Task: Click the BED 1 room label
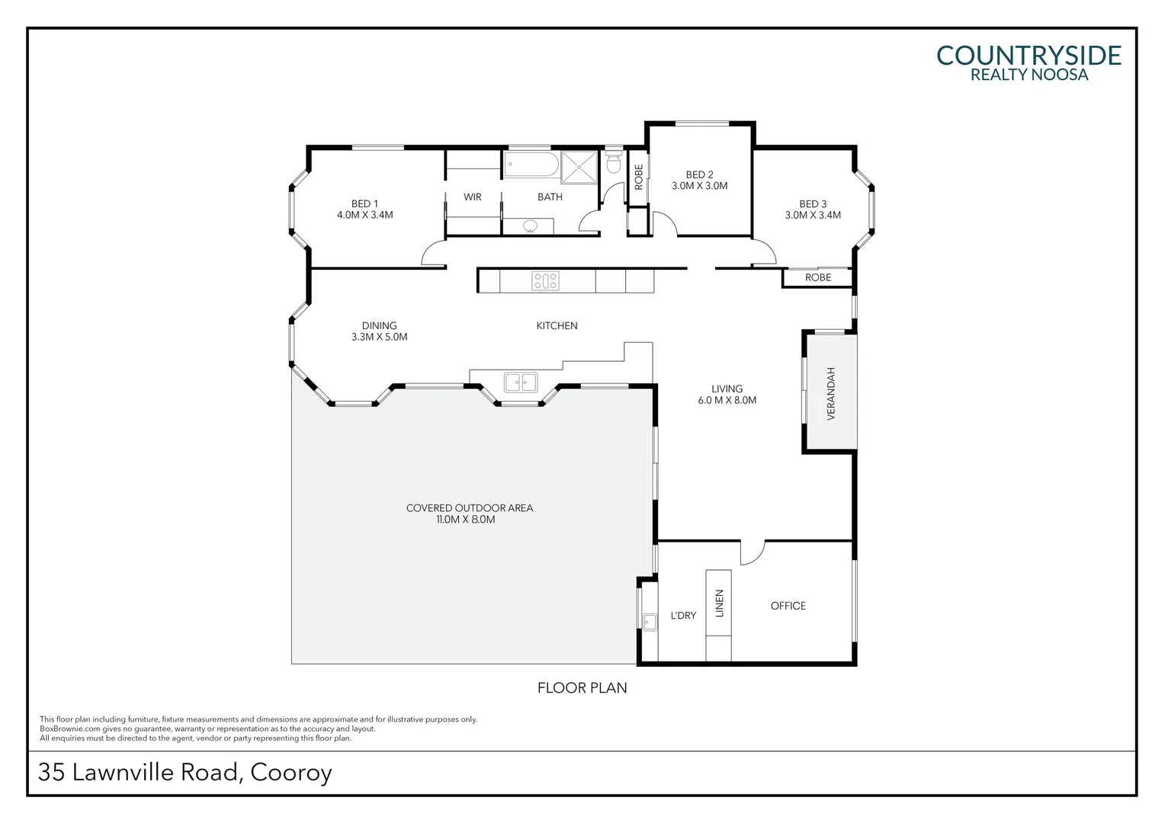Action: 364,203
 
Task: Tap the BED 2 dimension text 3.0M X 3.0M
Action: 699,186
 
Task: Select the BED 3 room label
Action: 813,203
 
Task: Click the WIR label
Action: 472,197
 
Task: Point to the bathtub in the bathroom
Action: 531,165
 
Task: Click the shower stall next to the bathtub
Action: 580,167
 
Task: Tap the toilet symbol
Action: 613,164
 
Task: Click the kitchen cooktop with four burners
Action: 545,281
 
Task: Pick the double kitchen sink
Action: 520,382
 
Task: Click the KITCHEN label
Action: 557,325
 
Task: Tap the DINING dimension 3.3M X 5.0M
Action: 379,337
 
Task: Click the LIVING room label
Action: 727,389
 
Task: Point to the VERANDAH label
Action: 831,393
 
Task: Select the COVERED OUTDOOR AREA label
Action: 469,508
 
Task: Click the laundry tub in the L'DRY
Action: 650,623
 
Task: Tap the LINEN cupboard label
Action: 719,604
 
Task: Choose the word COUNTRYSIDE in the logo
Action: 1028,56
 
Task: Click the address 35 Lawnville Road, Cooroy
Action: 185,772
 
